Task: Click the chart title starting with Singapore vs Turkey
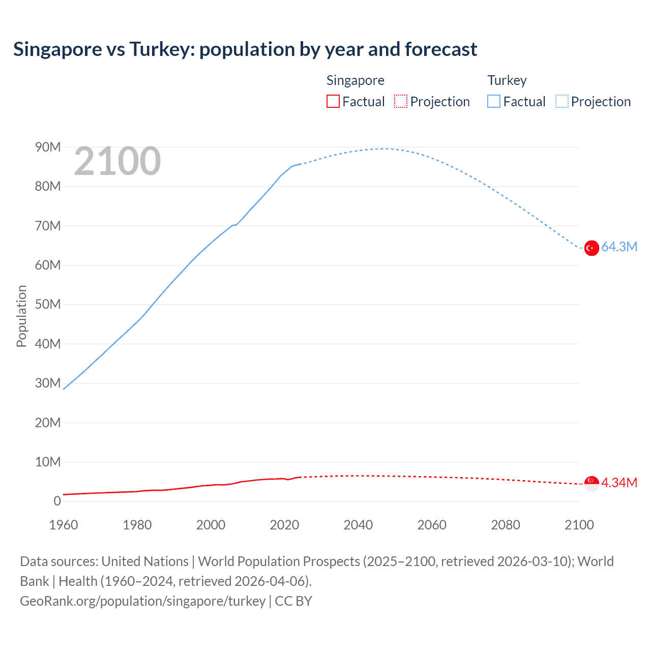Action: pyautogui.click(x=245, y=49)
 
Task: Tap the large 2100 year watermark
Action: pyautogui.click(x=117, y=161)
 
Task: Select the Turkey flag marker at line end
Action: pyautogui.click(x=591, y=248)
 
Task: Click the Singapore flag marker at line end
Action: pyautogui.click(x=591, y=483)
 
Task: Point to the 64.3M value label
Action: pyautogui.click(x=619, y=247)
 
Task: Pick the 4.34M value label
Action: pyautogui.click(x=619, y=483)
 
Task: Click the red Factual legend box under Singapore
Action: pyautogui.click(x=333, y=102)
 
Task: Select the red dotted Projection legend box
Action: pyautogui.click(x=401, y=102)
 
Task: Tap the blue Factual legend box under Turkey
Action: pyautogui.click(x=494, y=102)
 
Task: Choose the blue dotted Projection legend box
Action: pyautogui.click(x=562, y=102)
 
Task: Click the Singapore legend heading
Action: pyautogui.click(x=355, y=80)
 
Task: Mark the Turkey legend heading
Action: pyautogui.click(x=507, y=80)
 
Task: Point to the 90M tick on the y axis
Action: pyautogui.click(x=48, y=147)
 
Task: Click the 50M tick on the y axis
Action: pyautogui.click(x=48, y=305)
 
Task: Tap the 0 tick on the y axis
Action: pyautogui.click(x=57, y=501)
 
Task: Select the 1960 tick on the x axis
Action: pyautogui.click(x=64, y=525)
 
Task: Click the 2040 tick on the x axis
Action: pyautogui.click(x=358, y=525)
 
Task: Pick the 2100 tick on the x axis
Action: pyautogui.click(x=579, y=525)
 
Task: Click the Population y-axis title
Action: pyautogui.click(x=21, y=316)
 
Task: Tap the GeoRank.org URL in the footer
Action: pyautogui.click(x=142, y=601)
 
